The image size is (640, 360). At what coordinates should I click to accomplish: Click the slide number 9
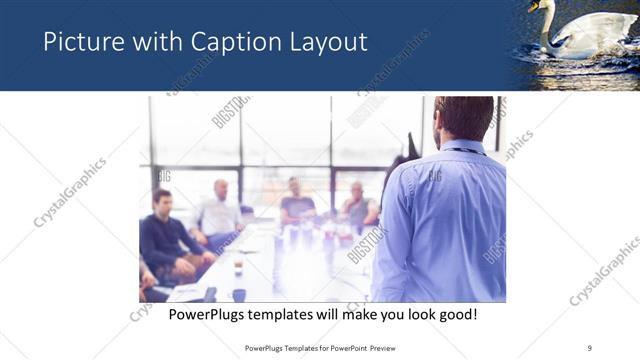tap(590, 348)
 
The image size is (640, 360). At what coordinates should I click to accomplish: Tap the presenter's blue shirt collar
tap(460, 148)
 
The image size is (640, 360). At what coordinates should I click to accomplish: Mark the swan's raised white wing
tap(595, 30)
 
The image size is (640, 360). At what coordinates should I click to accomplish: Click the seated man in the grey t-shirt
tap(297, 205)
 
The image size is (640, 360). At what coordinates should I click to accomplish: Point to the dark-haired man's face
tap(161, 202)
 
